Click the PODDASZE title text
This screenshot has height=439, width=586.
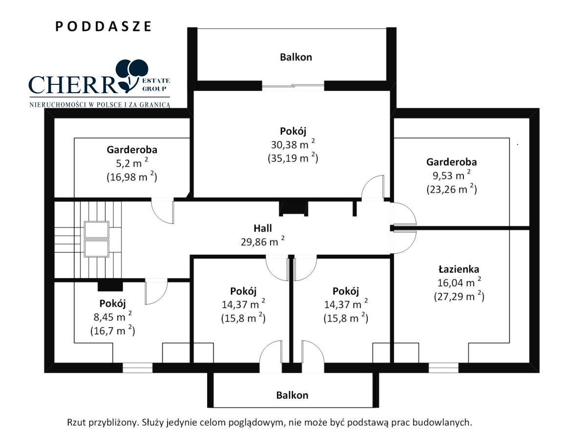click(x=104, y=26)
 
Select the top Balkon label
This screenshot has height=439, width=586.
click(x=296, y=57)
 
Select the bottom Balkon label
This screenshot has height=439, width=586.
click(x=292, y=395)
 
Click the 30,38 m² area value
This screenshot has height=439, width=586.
click(x=293, y=144)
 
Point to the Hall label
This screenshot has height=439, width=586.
click(x=263, y=228)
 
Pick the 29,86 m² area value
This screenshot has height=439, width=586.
click(x=263, y=241)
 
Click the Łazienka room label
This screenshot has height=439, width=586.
click(x=459, y=269)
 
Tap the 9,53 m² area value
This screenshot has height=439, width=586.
click(x=451, y=175)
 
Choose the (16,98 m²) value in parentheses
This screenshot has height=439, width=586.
click(x=132, y=177)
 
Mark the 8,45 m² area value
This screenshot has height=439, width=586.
click(x=112, y=317)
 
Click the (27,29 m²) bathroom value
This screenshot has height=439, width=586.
click(x=459, y=297)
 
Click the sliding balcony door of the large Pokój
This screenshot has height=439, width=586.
click(x=293, y=86)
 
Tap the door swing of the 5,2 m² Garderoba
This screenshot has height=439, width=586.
click(x=163, y=211)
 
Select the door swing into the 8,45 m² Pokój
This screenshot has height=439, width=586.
click(x=156, y=291)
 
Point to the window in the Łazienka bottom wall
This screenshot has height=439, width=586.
click(x=443, y=368)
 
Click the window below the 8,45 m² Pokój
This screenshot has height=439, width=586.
click(x=138, y=368)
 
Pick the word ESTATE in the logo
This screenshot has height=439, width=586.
click(x=156, y=80)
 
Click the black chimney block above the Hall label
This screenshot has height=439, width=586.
click(x=293, y=208)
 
